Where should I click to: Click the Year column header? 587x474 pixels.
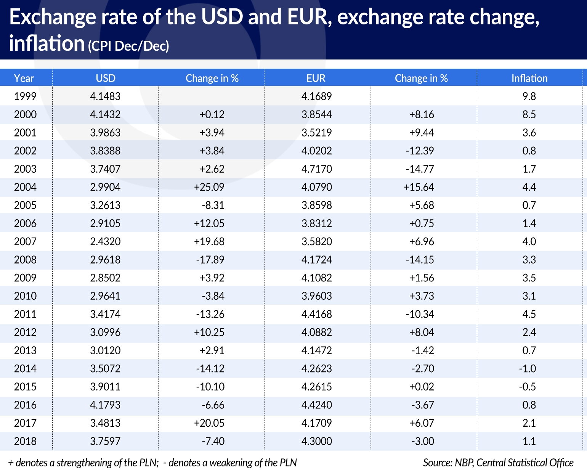pyautogui.click(x=24, y=78)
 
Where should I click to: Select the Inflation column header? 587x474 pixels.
pyautogui.click(x=529, y=78)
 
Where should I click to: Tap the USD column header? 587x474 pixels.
pyautogui.click(x=106, y=78)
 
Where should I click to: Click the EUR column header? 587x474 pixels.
pyautogui.click(x=316, y=78)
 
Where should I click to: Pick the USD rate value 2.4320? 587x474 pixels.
pyautogui.click(x=105, y=241)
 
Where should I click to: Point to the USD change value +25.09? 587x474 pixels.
pyautogui.click(x=209, y=187)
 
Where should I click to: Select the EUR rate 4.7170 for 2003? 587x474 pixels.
pyautogui.click(x=316, y=169)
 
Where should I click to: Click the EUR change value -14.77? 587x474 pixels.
pyautogui.click(x=420, y=169)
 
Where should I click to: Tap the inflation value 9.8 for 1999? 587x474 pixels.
pyautogui.click(x=529, y=96)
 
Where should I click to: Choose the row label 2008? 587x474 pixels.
pyautogui.click(x=25, y=260)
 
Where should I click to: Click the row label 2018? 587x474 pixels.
pyautogui.click(x=25, y=441)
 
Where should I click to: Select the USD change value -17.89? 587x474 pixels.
pyautogui.click(x=210, y=260)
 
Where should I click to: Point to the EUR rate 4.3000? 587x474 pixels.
pyautogui.click(x=316, y=441)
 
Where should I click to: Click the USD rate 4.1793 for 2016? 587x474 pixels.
pyautogui.click(x=105, y=405)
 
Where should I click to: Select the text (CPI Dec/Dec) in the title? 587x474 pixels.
pyautogui.click(x=128, y=46)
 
